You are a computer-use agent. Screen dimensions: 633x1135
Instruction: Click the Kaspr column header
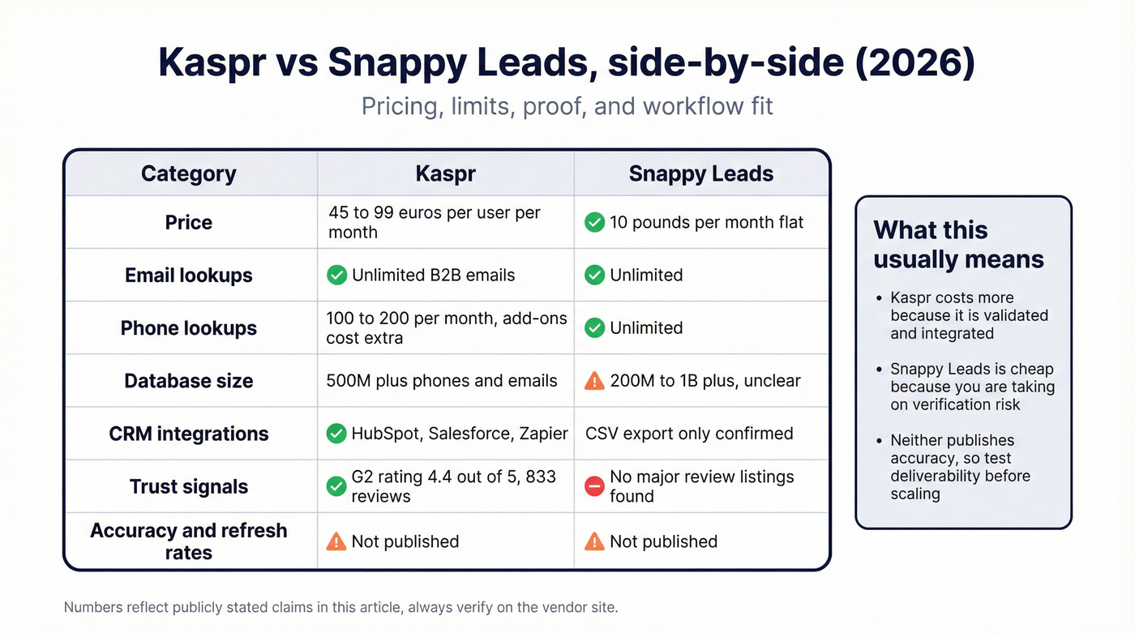(445, 173)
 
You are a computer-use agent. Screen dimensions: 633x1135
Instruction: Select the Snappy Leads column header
(701, 173)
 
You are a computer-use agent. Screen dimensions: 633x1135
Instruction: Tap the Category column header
(189, 173)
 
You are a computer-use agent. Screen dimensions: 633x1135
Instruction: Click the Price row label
(189, 222)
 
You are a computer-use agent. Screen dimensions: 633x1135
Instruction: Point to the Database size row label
(189, 381)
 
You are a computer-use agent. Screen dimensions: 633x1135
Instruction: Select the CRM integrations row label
(189, 434)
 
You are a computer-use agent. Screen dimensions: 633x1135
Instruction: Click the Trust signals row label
(189, 486)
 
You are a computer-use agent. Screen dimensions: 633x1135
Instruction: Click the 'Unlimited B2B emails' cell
(433, 275)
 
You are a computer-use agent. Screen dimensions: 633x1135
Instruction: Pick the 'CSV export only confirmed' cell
(689, 434)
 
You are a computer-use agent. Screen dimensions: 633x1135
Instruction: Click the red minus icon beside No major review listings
(594, 486)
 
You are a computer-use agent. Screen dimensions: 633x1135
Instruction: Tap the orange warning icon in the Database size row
(594, 381)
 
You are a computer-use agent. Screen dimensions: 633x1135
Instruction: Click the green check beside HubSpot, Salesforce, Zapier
(336, 434)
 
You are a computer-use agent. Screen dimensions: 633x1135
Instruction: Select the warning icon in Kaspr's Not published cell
(336, 541)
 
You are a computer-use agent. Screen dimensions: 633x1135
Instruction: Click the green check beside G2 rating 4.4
(336, 486)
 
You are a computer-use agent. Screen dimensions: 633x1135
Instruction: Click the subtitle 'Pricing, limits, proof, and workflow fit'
(567, 106)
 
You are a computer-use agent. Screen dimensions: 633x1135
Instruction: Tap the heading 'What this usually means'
(958, 245)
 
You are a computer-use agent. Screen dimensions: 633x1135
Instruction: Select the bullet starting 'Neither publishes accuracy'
(960, 467)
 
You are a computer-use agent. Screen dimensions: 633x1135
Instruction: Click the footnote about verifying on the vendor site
(340, 606)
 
